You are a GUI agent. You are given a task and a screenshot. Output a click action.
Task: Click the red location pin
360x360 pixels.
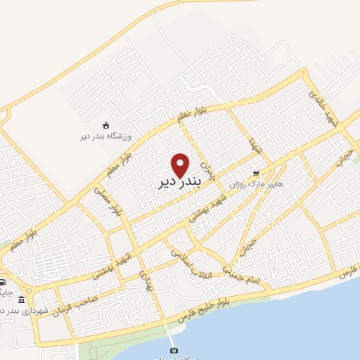click(181, 165)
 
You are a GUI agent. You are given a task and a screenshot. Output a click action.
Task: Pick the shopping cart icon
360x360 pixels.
click(256, 172)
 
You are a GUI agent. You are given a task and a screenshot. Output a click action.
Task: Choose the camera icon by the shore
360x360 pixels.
click(174, 350)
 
